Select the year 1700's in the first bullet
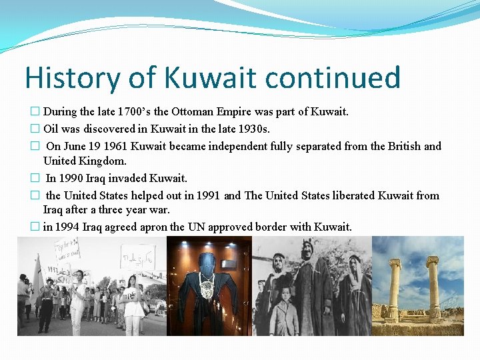pyautogui.click(x=137, y=111)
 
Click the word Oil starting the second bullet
pyautogui.click(x=52, y=128)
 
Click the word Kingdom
pyautogui.click(x=107, y=161)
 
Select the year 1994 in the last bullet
pyautogui.click(x=68, y=227)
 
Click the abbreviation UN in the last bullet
pyautogui.click(x=196, y=227)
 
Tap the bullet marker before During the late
pyautogui.click(x=35, y=112)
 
